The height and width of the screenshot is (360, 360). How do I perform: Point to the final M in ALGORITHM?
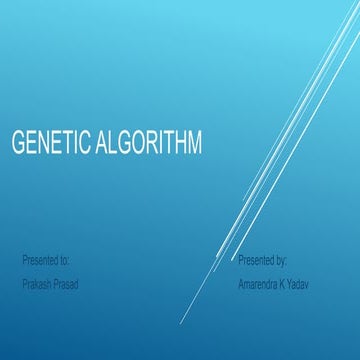click(x=193, y=143)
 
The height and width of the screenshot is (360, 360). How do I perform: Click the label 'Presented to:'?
click(x=46, y=260)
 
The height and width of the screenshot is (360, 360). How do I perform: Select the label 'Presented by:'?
click(x=263, y=260)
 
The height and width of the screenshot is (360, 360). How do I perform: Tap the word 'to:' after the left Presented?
click(x=64, y=260)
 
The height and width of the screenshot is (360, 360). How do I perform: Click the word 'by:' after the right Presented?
click(x=281, y=260)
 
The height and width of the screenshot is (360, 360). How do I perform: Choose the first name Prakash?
click(x=38, y=284)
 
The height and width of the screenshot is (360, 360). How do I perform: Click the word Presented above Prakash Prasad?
click(x=39, y=260)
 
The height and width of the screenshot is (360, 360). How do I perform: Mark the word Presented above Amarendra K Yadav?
click(x=256, y=260)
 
